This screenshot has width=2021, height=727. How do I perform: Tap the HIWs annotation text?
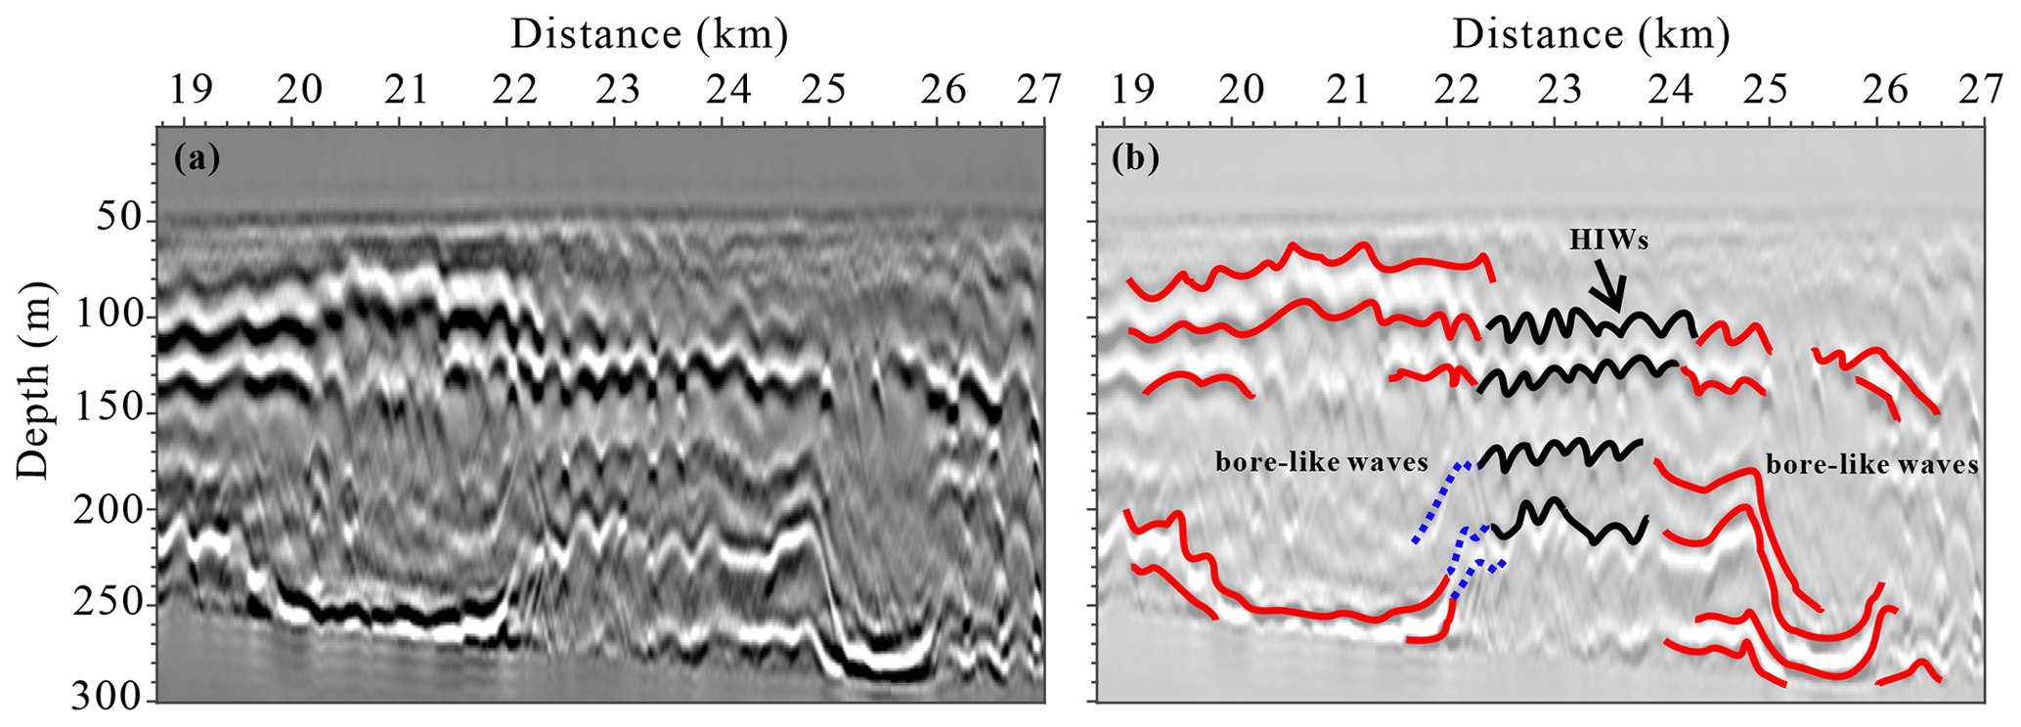1608,239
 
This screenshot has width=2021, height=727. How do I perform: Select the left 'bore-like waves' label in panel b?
1321,462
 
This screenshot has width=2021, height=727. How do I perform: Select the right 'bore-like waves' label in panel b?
1871,464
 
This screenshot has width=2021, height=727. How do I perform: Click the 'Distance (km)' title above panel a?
648,35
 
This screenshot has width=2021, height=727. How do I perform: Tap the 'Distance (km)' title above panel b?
1591,35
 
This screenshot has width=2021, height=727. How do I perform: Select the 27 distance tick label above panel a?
1038,89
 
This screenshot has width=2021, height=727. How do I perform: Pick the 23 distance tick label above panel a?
618,89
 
